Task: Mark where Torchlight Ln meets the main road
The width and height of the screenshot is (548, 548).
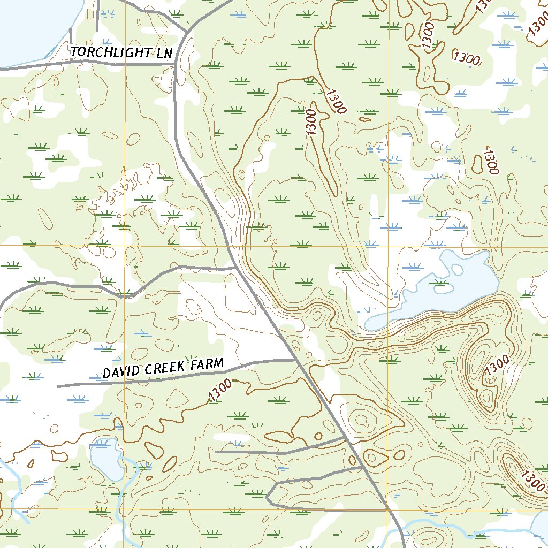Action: coord(176,64)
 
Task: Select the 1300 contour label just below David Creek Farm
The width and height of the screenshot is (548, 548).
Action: coord(220,390)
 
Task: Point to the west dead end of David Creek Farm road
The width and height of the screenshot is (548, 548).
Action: coord(58,386)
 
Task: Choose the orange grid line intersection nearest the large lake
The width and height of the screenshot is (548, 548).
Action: coord(387,246)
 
